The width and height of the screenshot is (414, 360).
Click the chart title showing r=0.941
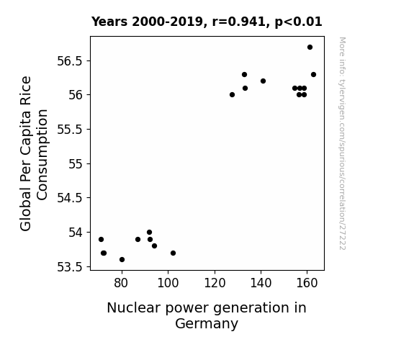pos(207,22)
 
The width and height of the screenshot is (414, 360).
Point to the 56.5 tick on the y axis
pos(70,61)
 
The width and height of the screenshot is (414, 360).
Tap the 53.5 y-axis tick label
pos(70,267)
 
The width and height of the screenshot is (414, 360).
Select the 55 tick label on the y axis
pos(76,164)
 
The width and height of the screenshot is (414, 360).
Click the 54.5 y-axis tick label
pos(70,198)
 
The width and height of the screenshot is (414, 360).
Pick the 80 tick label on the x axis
pos(121,283)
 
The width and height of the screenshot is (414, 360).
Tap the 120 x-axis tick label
pos(215,283)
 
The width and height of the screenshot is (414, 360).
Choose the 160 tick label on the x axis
pos(307,283)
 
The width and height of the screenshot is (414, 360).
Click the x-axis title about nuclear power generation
pos(207,315)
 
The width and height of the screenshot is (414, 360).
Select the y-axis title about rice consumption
pos(34,153)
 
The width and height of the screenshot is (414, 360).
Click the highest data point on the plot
pos(310,48)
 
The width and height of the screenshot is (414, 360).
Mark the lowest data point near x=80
pos(122,260)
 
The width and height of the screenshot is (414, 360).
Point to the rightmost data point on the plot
pos(314,74)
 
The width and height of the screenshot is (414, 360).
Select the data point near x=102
pos(174,253)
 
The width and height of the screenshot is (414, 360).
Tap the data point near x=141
pos(264,81)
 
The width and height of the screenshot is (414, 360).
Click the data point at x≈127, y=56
pos(232,94)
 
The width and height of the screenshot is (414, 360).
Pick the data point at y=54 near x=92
pos(150,233)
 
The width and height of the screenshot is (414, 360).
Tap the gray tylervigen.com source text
pos(342,143)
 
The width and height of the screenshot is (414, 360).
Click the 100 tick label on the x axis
pos(168,283)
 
